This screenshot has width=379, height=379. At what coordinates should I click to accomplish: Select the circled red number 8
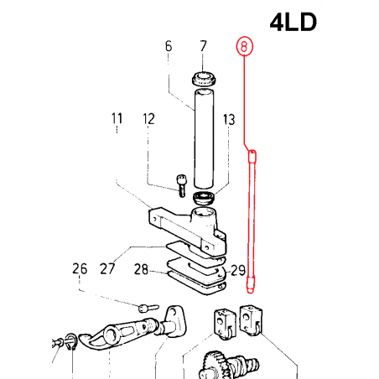[x=244, y=47]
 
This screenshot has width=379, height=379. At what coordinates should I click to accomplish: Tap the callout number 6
[x=168, y=47]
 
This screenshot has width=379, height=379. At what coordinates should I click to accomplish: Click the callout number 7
[x=202, y=47]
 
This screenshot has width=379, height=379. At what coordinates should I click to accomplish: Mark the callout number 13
[x=229, y=120]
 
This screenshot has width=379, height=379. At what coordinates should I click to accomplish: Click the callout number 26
[x=79, y=269]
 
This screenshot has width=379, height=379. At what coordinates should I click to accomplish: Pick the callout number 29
[x=237, y=269]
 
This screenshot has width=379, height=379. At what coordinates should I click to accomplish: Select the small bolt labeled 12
[x=181, y=184]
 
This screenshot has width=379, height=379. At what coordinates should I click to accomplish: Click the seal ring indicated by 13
[x=203, y=198]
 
